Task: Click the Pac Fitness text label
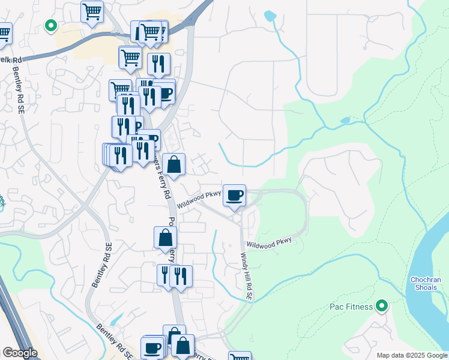coord(352,307)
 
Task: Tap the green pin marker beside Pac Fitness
coord(381,307)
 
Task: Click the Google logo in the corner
coord(20,353)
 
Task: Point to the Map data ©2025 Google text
coord(412,355)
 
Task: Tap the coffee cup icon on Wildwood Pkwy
coord(235,195)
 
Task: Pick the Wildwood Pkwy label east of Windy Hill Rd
coord(269,243)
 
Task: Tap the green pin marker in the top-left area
coord(51,26)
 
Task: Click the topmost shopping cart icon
coord(92,11)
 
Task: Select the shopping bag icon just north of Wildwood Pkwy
coord(173,164)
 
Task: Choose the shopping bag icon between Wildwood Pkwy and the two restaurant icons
coord(165,237)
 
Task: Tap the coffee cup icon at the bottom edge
coord(152,347)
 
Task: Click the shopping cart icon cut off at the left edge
coord(4,32)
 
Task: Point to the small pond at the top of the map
coord(270,16)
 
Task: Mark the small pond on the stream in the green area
coord(345,120)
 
